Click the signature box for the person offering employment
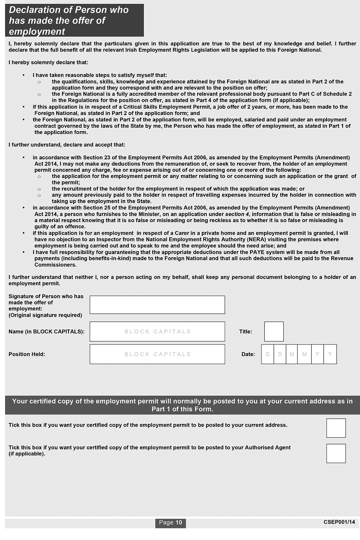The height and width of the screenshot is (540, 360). [x=157, y=304]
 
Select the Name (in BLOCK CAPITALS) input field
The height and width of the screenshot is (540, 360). [x=157, y=332]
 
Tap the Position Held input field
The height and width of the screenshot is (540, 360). [x=157, y=354]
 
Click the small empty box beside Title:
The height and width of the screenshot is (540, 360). [x=274, y=332]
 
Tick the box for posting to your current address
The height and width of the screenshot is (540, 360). [x=336, y=428]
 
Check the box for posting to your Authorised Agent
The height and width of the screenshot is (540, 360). [x=336, y=453]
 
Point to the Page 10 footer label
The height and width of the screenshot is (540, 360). [x=170, y=523]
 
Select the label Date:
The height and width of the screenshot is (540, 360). [x=248, y=354]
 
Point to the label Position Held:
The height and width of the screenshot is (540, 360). [x=27, y=354]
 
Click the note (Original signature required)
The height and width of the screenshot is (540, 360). [x=45, y=315]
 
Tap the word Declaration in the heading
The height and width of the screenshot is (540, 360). [x=33, y=10]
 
